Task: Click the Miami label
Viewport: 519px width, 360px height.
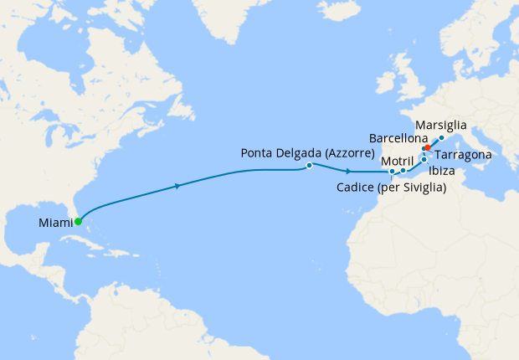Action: point(54,223)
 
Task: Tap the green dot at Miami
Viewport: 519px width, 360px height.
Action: point(78,222)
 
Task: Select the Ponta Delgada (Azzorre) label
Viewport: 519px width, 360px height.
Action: point(306,153)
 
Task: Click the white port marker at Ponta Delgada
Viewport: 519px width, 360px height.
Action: point(310,166)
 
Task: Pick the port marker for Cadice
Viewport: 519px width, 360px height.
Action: point(392,172)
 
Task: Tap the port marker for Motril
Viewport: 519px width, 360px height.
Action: point(403,171)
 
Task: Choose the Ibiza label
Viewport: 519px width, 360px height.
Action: point(442,171)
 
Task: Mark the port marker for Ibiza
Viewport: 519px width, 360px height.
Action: point(424,159)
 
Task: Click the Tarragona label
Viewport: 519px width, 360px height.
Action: point(464,155)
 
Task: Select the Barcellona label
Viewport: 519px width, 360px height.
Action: point(398,138)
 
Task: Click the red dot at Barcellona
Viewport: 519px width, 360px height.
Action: point(427,147)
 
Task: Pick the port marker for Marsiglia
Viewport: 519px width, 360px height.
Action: point(441,137)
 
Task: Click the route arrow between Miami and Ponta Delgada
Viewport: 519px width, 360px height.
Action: point(177,186)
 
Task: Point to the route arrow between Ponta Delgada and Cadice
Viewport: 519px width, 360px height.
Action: point(347,171)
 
